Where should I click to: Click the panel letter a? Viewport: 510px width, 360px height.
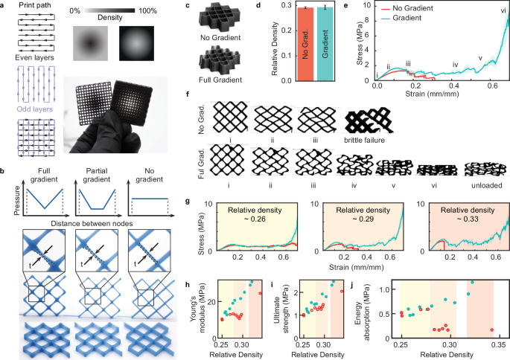(x=4, y=5)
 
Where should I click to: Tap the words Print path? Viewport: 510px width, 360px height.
(x=32, y=6)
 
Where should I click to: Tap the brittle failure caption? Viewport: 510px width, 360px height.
(x=372, y=140)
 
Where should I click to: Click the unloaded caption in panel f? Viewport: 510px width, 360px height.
(x=487, y=187)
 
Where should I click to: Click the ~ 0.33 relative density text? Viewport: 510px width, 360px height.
(x=459, y=215)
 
